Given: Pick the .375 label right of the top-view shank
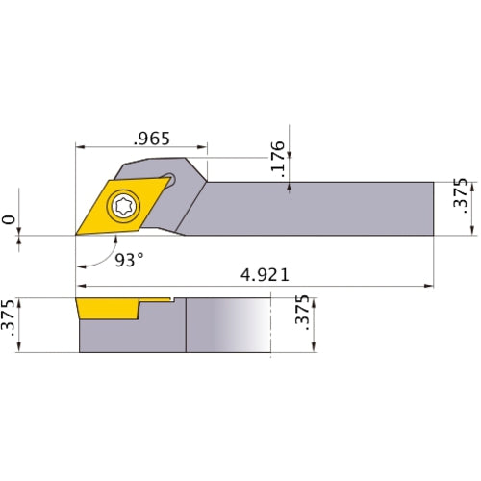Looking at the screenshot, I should point(460,195).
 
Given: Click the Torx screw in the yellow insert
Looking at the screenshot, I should point(123,204).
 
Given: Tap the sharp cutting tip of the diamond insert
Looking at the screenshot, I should point(77,234).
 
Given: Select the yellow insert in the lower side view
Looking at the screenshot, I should point(108,310).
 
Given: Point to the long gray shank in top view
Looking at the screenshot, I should point(317,207).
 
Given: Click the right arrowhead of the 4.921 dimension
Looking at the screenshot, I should point(429,286).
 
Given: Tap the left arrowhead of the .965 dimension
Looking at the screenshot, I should point(80,148).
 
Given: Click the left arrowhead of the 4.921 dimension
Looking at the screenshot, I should point(81,286).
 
